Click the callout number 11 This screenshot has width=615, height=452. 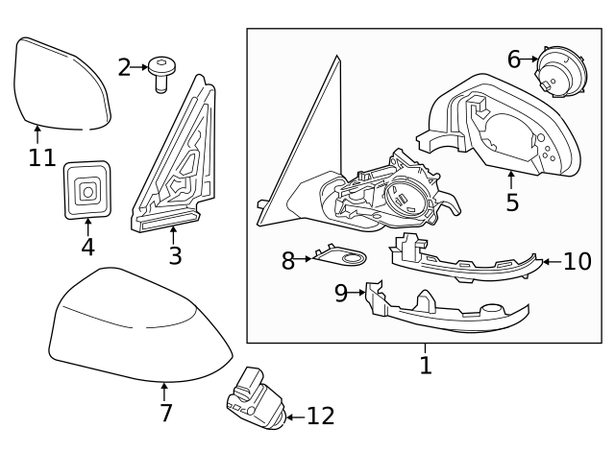point(42,157)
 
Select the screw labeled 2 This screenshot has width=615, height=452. point(162,74)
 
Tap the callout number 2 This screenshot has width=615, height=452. point(124,67)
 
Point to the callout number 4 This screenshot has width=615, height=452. point(87,247)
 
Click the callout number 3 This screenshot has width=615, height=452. point(174,256)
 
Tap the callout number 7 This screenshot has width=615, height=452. point(165,414)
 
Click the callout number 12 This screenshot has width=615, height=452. point(321,416)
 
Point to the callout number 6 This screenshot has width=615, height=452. point(514,59)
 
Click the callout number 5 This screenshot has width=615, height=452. point(512,202)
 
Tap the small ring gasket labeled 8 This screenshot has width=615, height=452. point(344,257)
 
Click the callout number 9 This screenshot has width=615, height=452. point(341,293)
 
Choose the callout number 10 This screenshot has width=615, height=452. point(577,261)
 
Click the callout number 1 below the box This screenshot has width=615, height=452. point(426,366)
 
